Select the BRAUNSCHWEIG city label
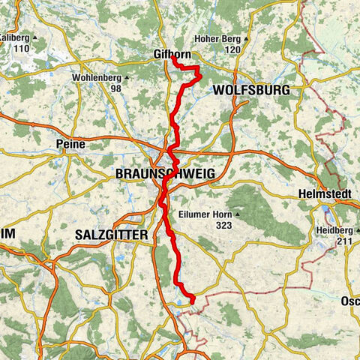(165, 173)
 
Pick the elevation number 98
(115, 88)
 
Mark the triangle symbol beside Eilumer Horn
(235, 214)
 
